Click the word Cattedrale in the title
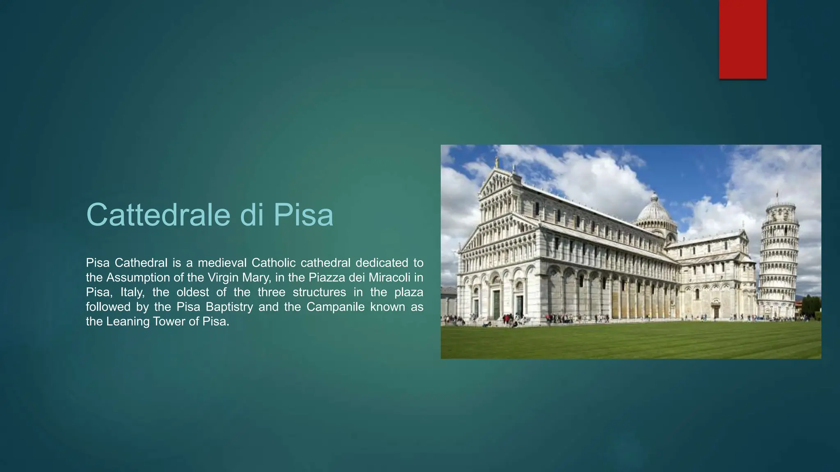click(157, 214)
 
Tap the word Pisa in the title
click(303, 214)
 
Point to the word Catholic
click(273, 263)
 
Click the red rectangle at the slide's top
click(742, 39)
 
